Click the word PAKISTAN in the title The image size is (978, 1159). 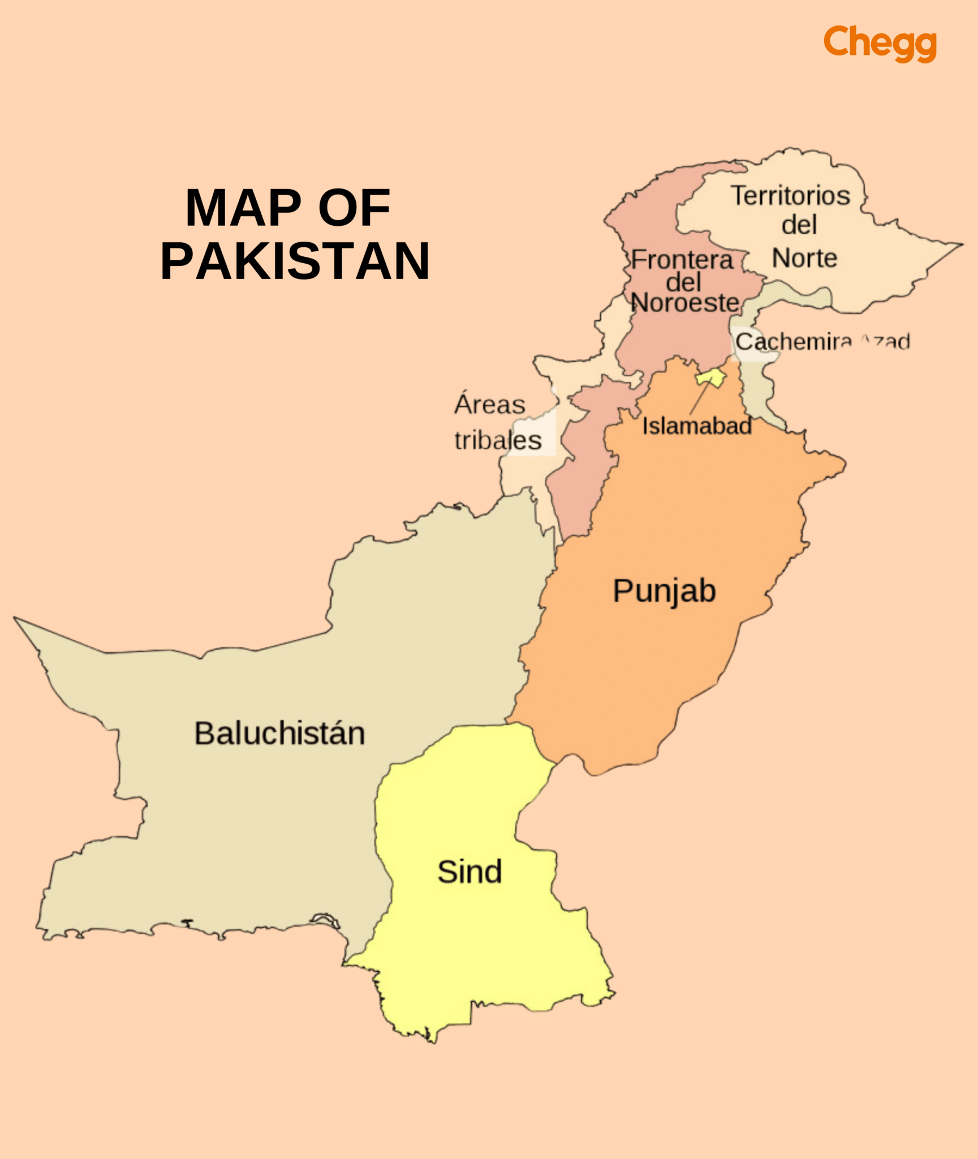tap(295, 261)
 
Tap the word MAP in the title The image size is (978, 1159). tap(243, 208)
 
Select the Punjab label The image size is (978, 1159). tap(664, 591)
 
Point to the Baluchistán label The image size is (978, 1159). tap(279, 733)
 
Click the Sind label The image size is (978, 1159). tap(469, 872)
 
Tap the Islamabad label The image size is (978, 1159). tap(696, 426)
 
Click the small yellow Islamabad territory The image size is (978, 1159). tap(712, 377)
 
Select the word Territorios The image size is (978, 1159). tap(790, 196)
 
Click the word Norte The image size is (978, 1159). tap(804, 258)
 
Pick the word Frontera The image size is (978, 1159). tap(682, 260)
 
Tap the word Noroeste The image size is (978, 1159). tap(684, 303)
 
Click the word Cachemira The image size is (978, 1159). tap(793, 342)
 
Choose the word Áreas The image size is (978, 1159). tap(490, 405)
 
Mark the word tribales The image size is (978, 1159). tap(498, 440)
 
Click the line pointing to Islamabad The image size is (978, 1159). tap(699, 398)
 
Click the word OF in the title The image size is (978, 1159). tap(354, 208)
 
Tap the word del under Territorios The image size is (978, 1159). tap(799, 225)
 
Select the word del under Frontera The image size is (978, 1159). tap(683, 282)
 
